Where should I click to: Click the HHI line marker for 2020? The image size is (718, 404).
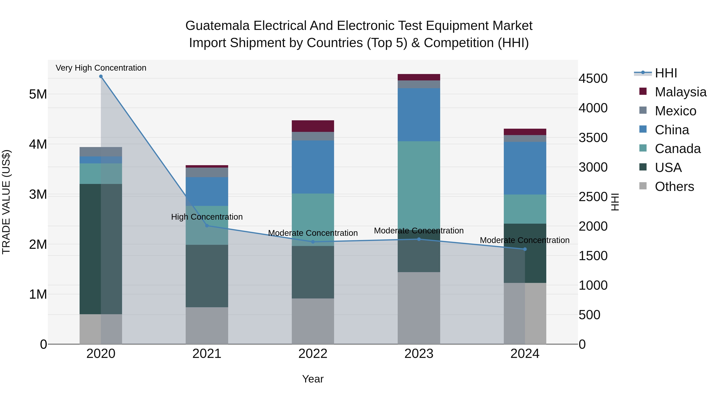click(101, 76)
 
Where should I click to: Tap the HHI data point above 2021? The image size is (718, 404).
click(207, 226)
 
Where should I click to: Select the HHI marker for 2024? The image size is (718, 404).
click(525, 249)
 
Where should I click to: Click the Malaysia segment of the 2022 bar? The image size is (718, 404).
click(313, 126)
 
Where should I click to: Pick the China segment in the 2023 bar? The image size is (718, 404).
click(419, 115)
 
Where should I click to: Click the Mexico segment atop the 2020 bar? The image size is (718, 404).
click(101, 152)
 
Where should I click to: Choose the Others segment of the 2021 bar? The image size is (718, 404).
click(207, 325)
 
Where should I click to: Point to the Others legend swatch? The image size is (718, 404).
click(643, 186)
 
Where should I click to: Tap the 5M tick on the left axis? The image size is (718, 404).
click(38, 94)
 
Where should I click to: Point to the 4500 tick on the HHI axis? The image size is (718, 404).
click(593, 78)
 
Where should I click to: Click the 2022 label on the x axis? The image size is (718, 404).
click(313, 354)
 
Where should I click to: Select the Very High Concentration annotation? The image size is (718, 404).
click(101, 68)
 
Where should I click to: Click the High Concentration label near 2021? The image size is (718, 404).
click(207, 217)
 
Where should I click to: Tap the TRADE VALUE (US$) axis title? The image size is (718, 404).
click(6, 202)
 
